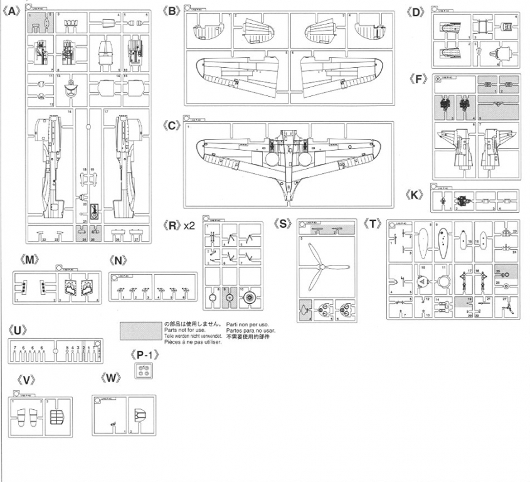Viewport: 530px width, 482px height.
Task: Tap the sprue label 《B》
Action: [171, 11]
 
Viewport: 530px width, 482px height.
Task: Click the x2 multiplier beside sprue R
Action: [190, 225]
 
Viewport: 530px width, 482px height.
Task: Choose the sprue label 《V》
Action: [26, 380]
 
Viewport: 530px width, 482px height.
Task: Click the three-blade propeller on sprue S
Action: [319, 269]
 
